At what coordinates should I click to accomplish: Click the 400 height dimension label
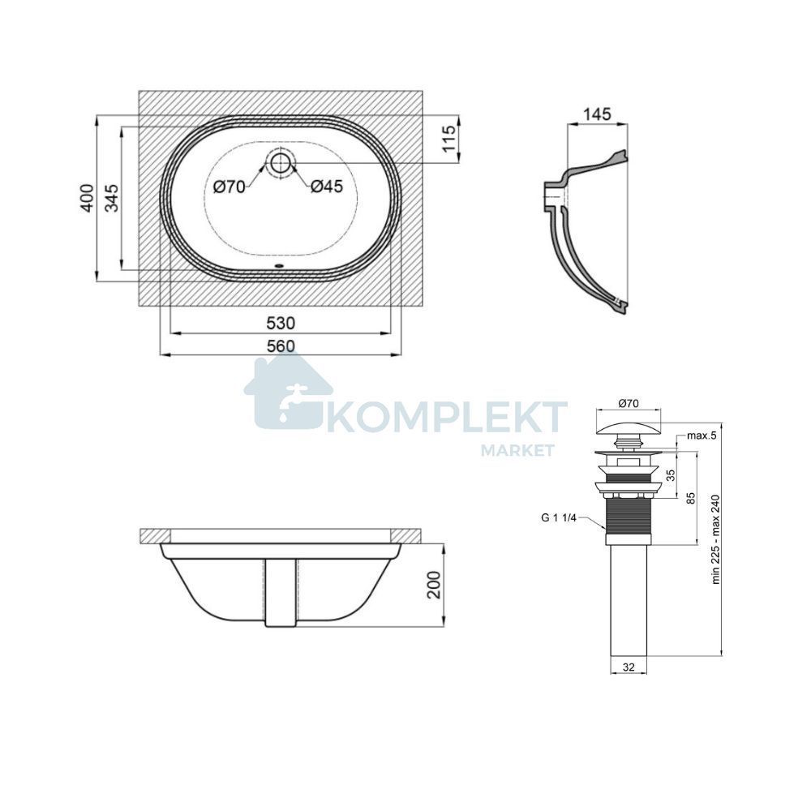tap(87, 198)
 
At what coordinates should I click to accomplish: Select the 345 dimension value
tap(112, 198)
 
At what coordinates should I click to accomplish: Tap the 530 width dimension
tap(281, 324)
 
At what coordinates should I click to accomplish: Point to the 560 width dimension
tap(281, 346)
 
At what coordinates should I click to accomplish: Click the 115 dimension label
tap(448, 139)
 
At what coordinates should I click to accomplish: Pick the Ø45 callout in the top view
tap(327, 187)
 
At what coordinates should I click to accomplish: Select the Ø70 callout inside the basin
tap(230, 187)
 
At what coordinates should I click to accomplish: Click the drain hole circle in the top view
tap(280, 162)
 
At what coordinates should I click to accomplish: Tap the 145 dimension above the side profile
tap(597, 114)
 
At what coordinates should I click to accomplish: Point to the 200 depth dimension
tap(435, 585)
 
